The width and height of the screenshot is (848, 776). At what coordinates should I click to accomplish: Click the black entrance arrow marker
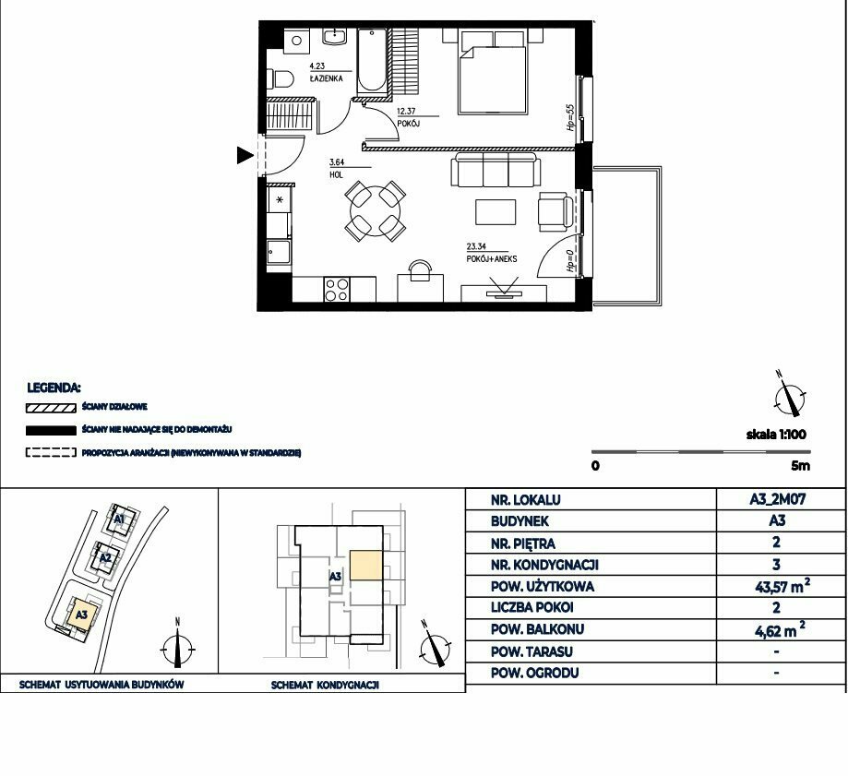pyautogui.click(x=245, y=155)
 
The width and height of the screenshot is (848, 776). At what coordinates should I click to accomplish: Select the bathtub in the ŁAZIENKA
pyautogui.click(x=372, y=61)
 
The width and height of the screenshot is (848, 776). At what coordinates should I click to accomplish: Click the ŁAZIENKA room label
pyautogui.click(x=326, y=78)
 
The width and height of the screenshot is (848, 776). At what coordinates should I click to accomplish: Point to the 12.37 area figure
pyautogui.click(x=406, y=112)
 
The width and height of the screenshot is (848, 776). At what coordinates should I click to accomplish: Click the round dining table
pyautogui.click(x=376, y=211)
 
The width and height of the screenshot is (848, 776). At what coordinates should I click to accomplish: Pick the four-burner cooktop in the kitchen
pyautogui.click(x=337, y=290)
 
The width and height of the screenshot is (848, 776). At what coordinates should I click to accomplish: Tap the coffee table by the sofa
pyautogui.click(x=496, y=212)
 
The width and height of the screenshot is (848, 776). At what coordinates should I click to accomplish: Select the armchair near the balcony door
pyautogui.click(x=555, y=211)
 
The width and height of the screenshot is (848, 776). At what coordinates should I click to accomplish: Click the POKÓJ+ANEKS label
pyautogui.click(x=492, y=258)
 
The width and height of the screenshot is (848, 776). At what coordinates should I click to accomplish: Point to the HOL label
pyautogui.click(x=336, y=174)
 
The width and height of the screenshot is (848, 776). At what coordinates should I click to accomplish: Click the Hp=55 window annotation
pyautogui.click(x=569, y=118)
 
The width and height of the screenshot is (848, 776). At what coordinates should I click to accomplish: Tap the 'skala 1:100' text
pyautogui.click(x=776, y=435)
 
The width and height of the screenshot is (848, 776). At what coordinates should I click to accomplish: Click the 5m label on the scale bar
pyautogui.click(x=800, y=466)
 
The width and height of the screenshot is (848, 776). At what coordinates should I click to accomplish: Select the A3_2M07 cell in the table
pyautogui.click(x=777, y=499)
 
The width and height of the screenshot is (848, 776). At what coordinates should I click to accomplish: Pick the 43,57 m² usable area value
pyautogui.click(x=782, y=586)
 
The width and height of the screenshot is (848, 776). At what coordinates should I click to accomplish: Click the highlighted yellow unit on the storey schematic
pyautogui.click(x=366, y=565)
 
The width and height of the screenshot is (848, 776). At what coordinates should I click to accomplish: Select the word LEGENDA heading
pyautogui.click(x=54, y=388)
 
